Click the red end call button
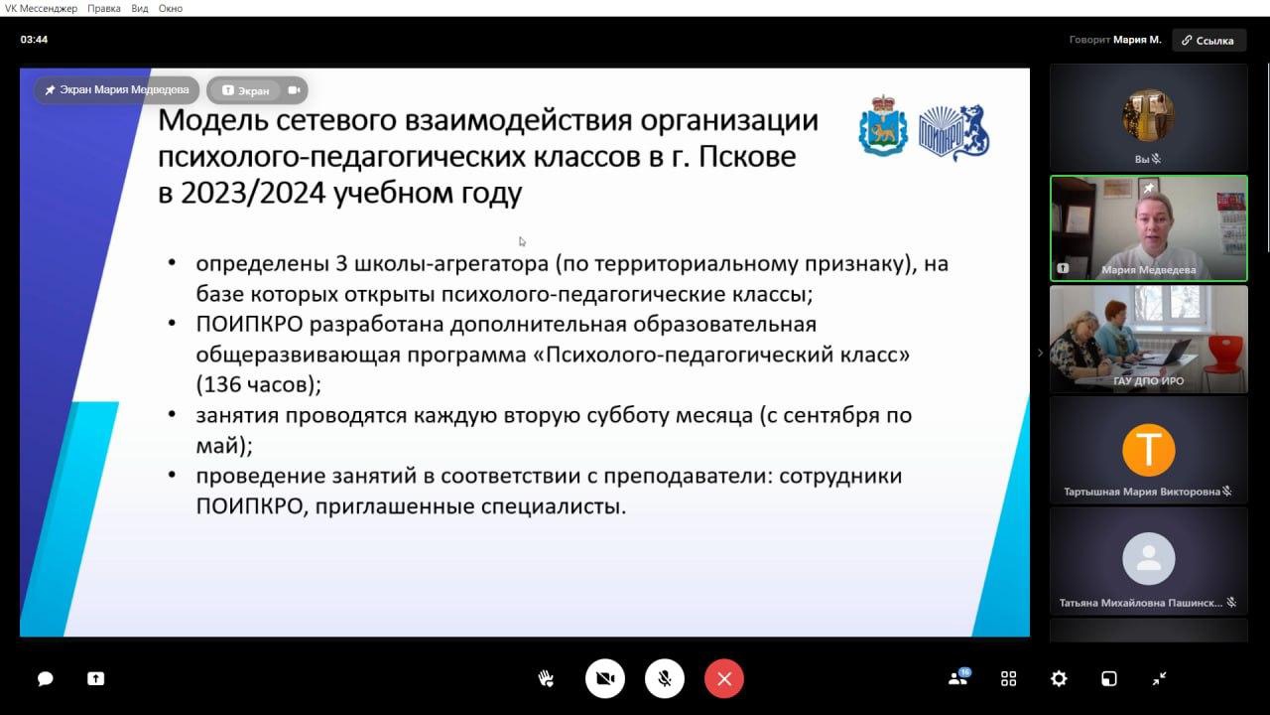pos(724,678)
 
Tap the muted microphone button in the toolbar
pos(665,678)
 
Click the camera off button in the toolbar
pos(605,678)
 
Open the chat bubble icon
pos(46,678)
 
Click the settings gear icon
pos(1059,678)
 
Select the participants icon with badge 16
pos(959,676)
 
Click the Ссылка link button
pos(1208,41)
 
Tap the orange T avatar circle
pos(1149,450)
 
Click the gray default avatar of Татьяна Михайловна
pos(1149,558)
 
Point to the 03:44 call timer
pos(34,39)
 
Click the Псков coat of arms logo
pos(883,126)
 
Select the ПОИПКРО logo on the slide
pos(954,132)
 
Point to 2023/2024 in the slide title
pos(253,193)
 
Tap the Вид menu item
pos(140,9)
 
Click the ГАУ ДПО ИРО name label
pos(1148,380)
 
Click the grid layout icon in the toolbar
pos(1008,678)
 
